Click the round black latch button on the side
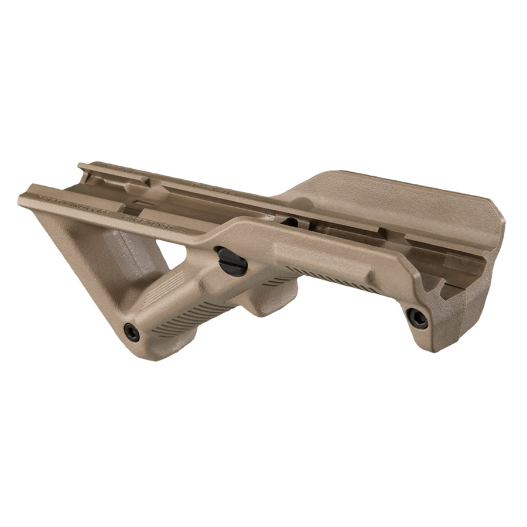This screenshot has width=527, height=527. [x=232, y=261]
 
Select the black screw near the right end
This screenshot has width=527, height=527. [x=417, y=318]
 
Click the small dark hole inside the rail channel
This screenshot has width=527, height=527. [x=290, y=222]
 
